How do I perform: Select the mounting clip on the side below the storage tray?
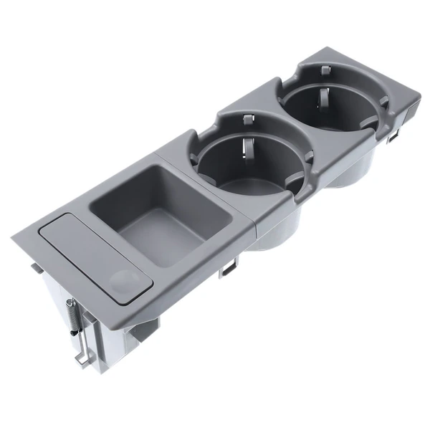pos(229,268)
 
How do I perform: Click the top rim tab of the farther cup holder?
pos(325,70)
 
